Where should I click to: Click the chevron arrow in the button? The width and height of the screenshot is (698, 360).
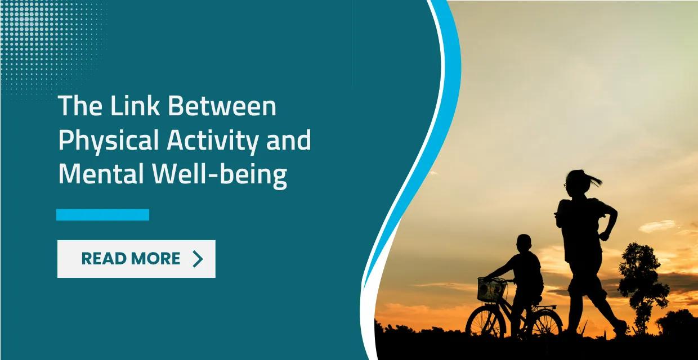coord(197,259)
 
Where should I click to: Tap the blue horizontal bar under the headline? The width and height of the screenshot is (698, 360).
coord(102,214)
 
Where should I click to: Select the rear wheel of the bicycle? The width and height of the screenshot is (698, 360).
coord(543,326)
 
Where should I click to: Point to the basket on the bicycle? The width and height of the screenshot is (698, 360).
coord(491,290)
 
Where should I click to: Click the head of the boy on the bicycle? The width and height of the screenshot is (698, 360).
coord(523,244)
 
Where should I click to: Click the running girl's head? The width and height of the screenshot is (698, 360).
coord(575,182)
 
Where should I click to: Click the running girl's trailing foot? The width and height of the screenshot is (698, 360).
coord(620,328)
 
